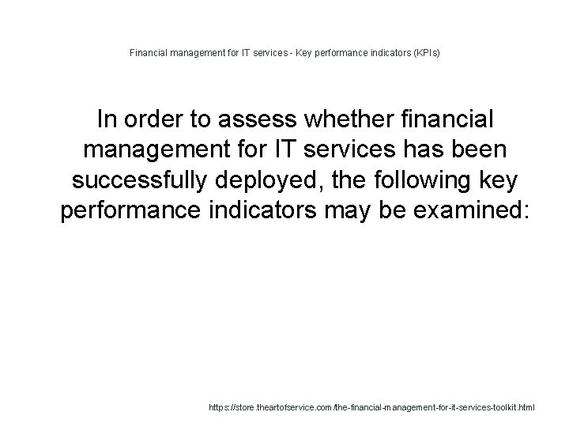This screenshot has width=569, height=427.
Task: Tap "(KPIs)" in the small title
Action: tap(424, 54)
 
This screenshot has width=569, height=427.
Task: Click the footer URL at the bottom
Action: tap(371, 407)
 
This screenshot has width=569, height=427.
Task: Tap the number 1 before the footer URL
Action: tap(203, 407)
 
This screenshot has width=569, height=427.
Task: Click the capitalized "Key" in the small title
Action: tap(305, 54)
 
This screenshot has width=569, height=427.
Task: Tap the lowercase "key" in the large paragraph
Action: tap(496, 180)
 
